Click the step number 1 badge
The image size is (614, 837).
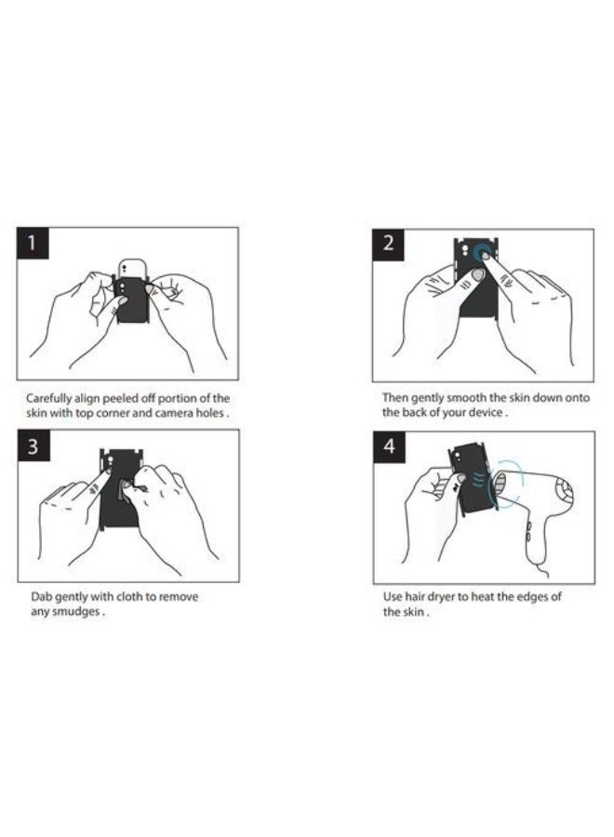(33, 244)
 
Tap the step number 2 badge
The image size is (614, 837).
(389, 245)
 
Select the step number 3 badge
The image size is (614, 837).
(33, 445)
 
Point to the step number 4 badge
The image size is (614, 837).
(389, 446)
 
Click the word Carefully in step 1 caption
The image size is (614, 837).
(48, 399)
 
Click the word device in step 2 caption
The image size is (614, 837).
(486, 413)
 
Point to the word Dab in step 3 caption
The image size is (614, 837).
(41, 597)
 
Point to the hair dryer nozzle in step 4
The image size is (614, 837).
(501, 486)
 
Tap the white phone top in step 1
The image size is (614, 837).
(131, 269)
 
